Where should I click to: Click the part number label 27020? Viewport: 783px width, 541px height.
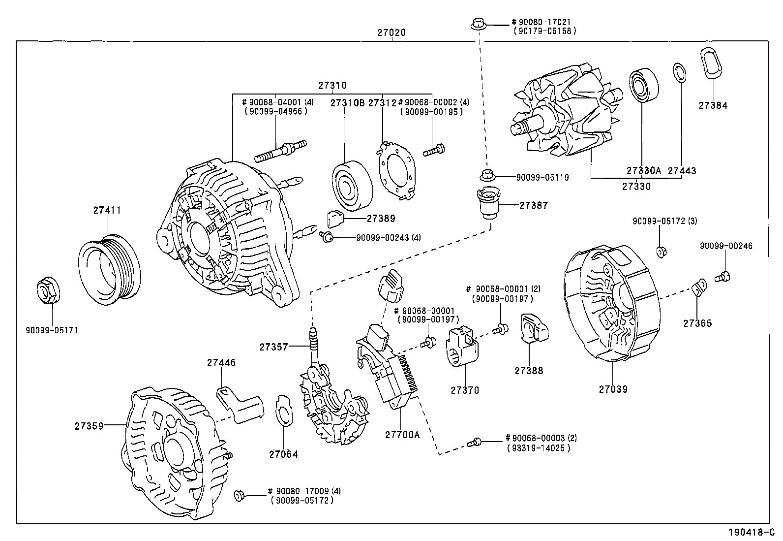(391, 33)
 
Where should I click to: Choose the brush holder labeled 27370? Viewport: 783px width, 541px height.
(462, 347)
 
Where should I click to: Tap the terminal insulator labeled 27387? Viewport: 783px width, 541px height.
(487, 204)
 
